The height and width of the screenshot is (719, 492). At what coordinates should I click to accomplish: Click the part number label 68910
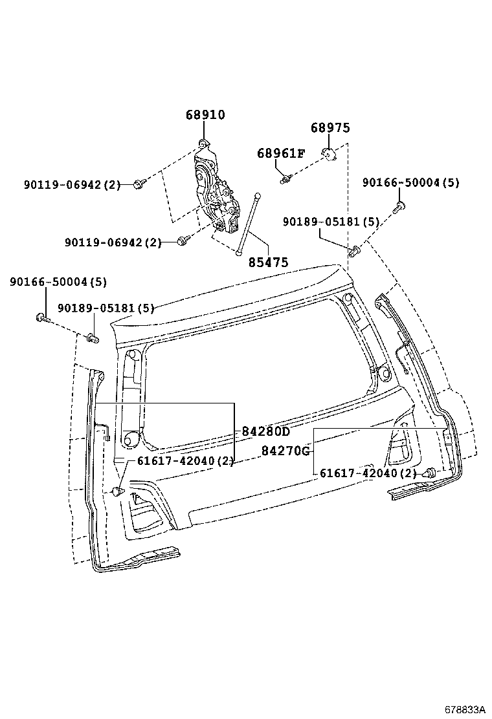pos(205,115)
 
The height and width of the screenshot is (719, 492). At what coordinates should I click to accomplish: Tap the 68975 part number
pos(330,128)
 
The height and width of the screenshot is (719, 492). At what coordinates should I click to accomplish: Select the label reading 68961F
pos(280,153)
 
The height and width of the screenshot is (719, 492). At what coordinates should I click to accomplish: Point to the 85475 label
pos(268,263)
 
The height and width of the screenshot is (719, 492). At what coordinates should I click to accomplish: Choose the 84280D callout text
pos(266,431)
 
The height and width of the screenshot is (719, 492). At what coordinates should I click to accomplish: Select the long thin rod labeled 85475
pos(249,223)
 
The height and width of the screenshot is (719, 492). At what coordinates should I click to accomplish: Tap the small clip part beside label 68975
pos(330,154)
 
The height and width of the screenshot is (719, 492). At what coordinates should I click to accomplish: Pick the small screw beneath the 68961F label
pos(285,178)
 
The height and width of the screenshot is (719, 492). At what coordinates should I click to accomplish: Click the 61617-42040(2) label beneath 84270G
pos(368,473)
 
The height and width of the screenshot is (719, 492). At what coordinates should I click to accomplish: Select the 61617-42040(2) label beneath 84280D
pos(184,460)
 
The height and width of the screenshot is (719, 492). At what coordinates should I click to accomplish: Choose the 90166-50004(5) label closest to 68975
pos(410,183)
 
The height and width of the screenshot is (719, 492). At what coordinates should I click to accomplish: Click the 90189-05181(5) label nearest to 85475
pos(330,222)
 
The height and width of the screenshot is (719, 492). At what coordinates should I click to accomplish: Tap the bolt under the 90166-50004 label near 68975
pos(399,207)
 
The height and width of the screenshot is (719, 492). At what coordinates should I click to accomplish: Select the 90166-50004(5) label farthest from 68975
pos(58,282)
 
